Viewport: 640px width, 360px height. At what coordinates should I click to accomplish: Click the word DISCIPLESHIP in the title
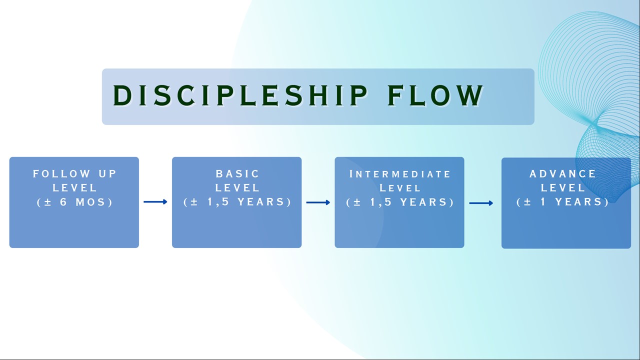pos(240,95)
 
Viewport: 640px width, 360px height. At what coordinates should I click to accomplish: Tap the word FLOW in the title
pos(435,95)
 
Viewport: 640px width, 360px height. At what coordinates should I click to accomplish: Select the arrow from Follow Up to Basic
pos(155,202)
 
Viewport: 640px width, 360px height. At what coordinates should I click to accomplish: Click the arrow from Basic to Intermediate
pos(318,202)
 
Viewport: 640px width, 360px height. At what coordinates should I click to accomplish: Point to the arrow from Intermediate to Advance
pos(481,203)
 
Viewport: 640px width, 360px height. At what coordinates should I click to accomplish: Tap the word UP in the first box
pos(105,174)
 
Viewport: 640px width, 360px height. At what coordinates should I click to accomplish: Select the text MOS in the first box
pos(90,202)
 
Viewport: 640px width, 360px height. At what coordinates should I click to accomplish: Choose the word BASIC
pos(237,174)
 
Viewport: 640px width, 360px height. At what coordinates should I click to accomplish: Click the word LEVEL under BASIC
pos(237,188)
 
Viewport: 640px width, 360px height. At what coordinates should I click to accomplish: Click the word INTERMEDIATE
pos(400,174)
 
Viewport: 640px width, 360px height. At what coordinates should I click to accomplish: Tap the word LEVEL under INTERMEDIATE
pos(400,188)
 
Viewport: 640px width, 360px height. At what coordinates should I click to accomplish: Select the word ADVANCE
pos(563,174)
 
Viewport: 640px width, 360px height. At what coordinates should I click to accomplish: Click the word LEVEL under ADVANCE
pos(563,188)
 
